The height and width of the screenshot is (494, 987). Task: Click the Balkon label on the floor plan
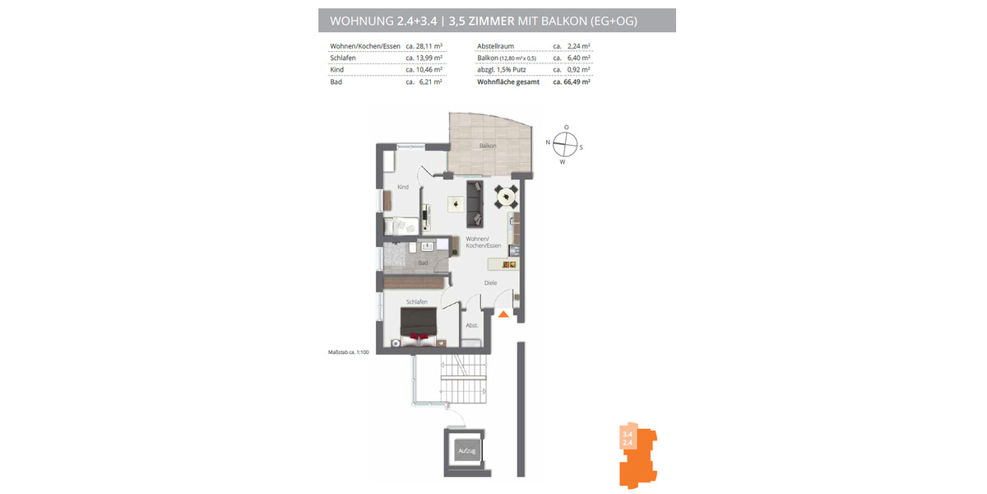[x=488, y=146]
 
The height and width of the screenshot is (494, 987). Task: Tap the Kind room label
[x=403, y=187]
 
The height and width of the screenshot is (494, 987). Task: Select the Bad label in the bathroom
[x=423, y=263]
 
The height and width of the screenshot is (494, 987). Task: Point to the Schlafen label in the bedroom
[x=416, y=302]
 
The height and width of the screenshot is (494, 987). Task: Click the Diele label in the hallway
[x=490, y=283]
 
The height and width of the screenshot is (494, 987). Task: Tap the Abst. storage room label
[x=472, y=325]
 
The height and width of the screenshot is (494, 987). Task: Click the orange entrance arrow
[x=503, y=312]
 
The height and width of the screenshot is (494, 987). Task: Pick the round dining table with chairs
[x=504, y=197]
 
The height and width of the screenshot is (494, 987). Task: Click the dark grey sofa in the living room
[x=475, y=203]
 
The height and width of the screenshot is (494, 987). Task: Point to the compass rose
[x=565, y=144]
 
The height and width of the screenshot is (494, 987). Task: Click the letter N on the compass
[x=548, y=143]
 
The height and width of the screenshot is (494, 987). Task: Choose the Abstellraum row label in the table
[x=496, y=47]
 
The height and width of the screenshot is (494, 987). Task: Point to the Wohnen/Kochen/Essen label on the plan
[x=483, y=242]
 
